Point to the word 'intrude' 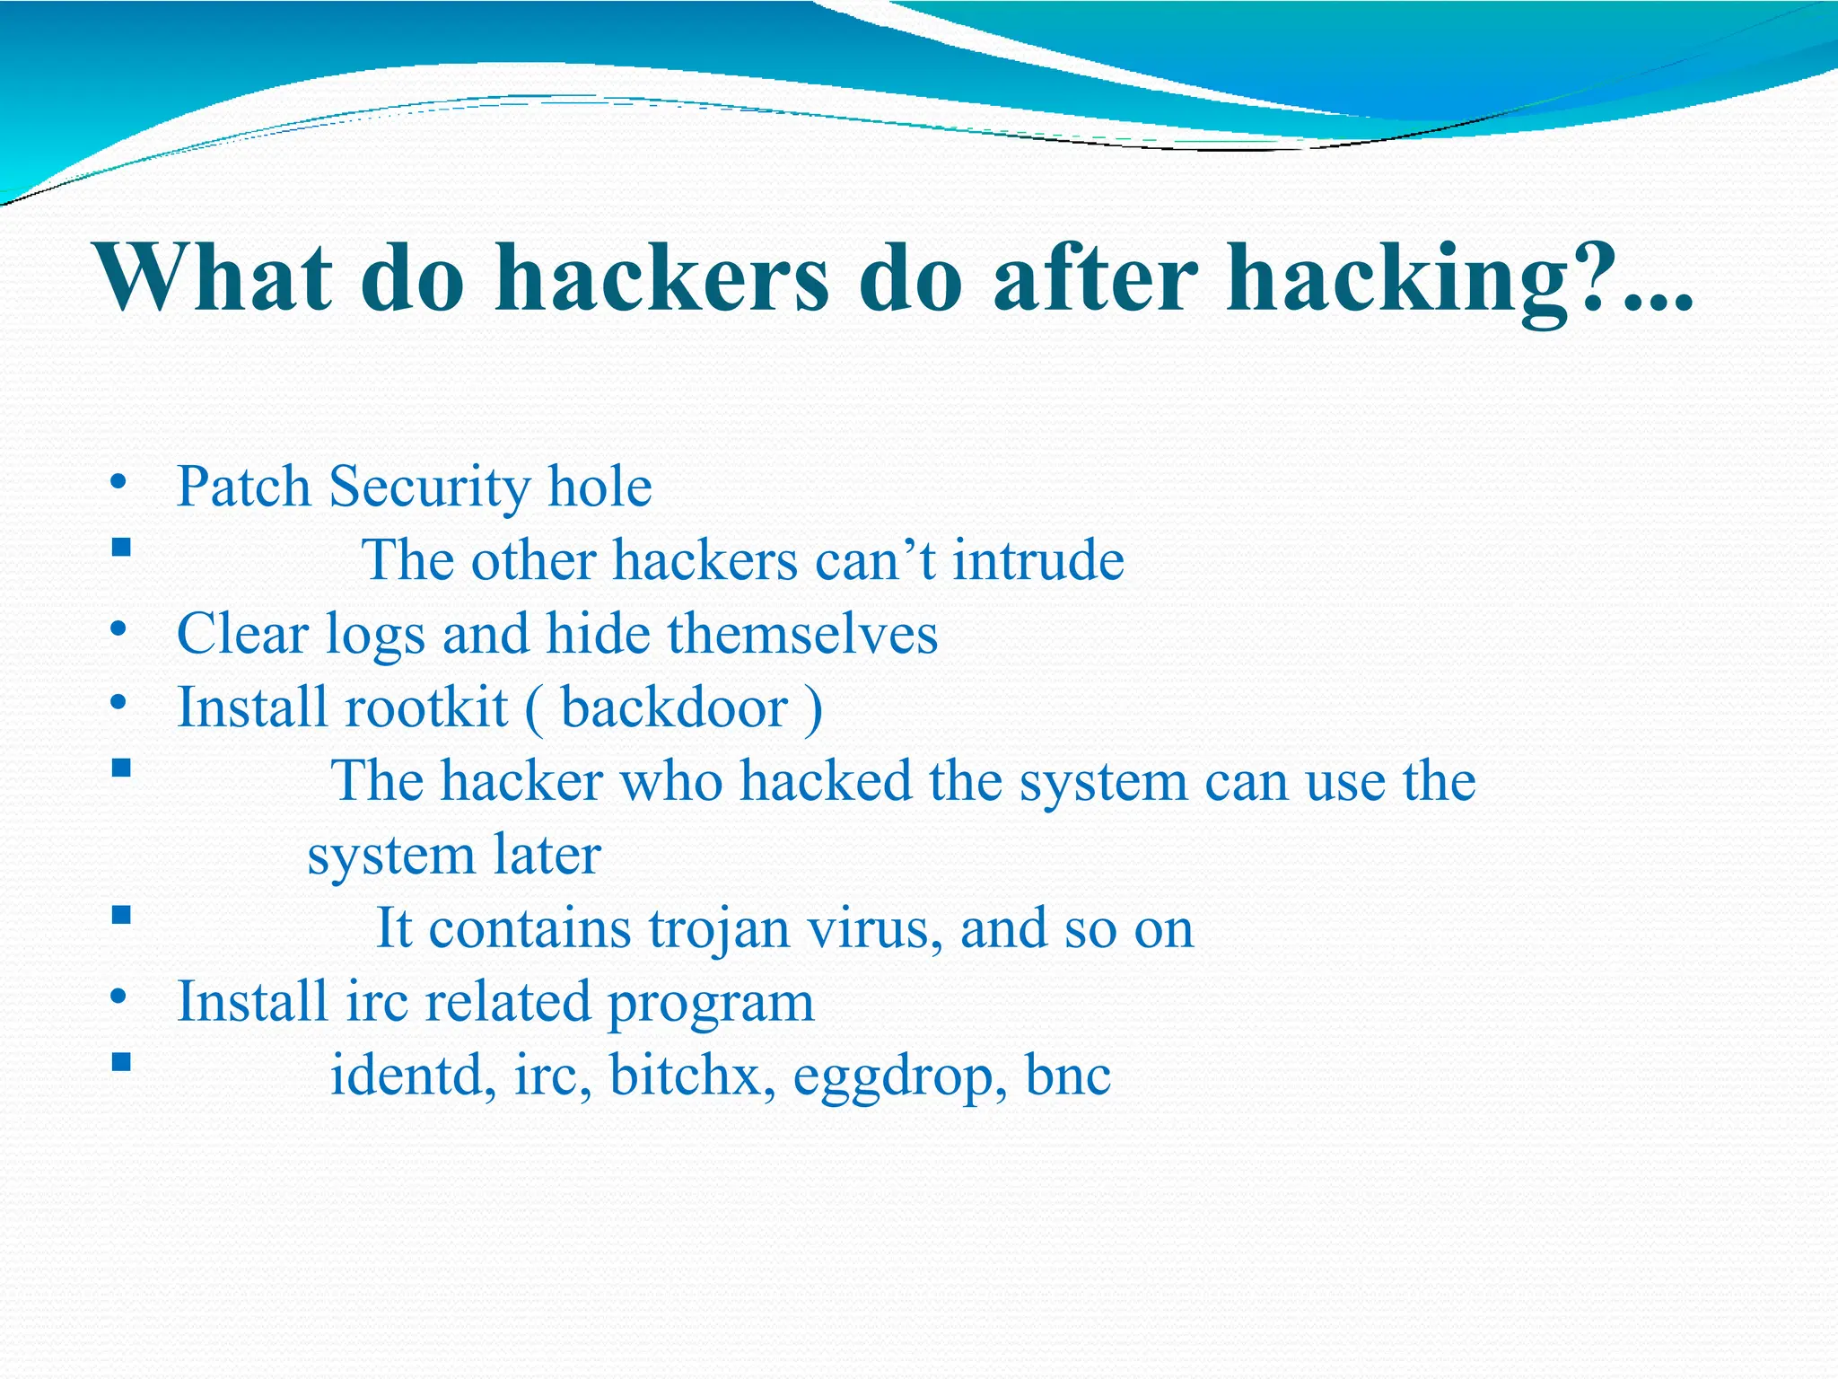click(1037, 560)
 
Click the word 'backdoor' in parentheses click(674, 707)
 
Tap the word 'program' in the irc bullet click(711, 1004)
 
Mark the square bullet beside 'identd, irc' click(122, 1063)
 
